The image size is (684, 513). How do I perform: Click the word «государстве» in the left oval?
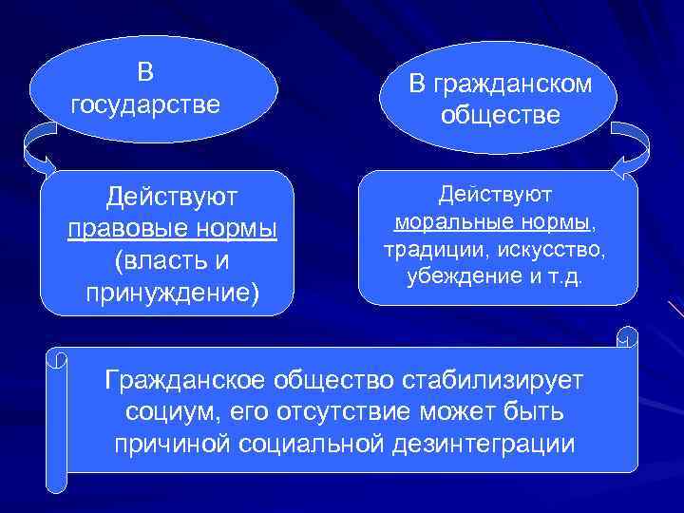click(145, 103)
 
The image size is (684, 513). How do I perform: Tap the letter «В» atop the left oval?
click(144, 72)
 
